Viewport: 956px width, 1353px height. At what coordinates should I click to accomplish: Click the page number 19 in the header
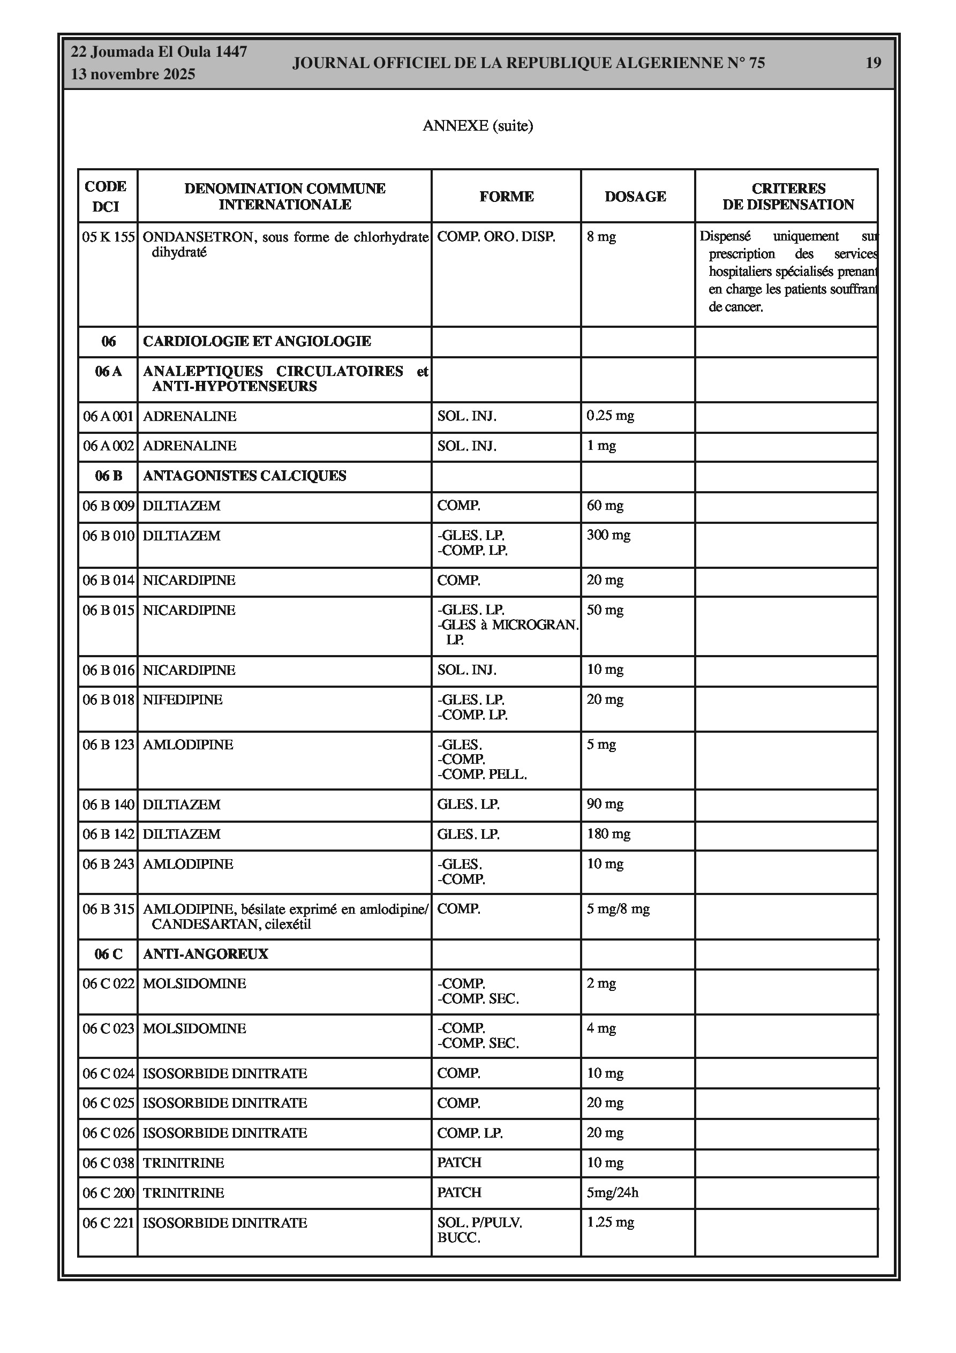pos(873,63)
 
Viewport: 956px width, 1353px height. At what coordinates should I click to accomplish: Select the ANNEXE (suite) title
pos(477,125)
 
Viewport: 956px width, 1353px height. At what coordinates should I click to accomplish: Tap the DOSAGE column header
pos(635,196)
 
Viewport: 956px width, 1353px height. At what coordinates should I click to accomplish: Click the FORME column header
pos(506,196)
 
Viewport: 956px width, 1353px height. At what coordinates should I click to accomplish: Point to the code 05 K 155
pos(108,237)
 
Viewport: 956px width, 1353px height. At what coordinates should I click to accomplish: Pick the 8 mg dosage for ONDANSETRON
pos(601,237)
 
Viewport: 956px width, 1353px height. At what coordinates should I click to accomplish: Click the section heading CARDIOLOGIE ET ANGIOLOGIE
pos(257,341)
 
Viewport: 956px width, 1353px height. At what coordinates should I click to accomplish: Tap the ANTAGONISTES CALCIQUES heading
pos(245,476)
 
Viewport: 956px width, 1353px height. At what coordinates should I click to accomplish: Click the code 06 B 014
pos(108,581)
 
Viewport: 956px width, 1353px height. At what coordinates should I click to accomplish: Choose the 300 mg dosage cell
pos(608,536)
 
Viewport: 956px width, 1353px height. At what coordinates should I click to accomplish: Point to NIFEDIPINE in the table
pos(183,700)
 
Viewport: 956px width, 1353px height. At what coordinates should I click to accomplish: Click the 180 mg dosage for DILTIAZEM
pos(608,835)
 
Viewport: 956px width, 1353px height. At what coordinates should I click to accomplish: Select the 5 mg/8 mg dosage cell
pos(618,909)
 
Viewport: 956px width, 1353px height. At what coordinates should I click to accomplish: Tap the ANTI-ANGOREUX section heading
pos(205,954)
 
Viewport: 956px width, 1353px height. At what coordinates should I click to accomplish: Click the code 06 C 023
pos(108,1029)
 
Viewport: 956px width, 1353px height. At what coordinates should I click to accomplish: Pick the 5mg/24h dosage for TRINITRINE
pos(612,1193)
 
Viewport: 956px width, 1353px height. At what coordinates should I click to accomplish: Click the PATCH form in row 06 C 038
pos(459,1163)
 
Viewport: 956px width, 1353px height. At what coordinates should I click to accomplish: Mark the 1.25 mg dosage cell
pos(610,1223)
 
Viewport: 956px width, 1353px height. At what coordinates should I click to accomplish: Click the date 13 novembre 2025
pos(133,74)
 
